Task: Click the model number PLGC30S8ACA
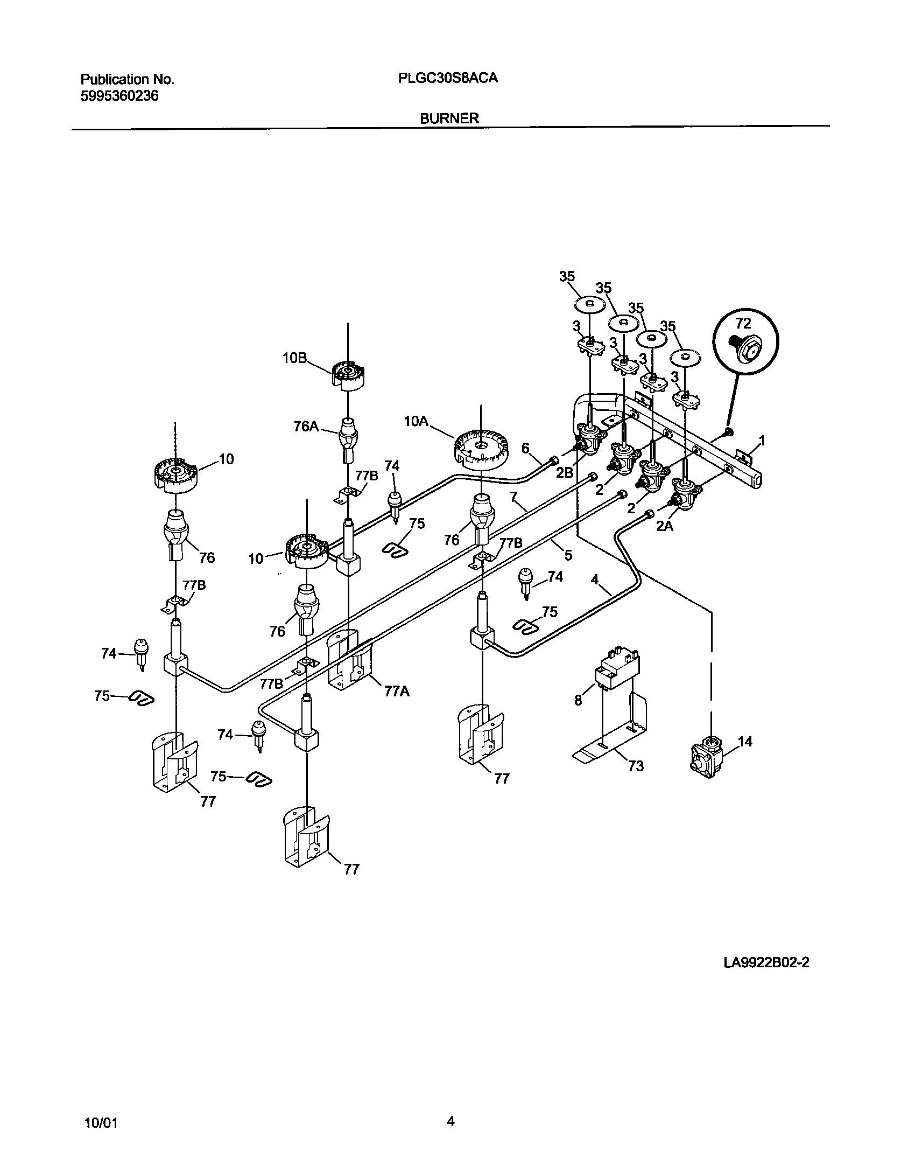(448, 78)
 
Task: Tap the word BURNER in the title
(449, 118)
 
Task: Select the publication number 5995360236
(119, 96)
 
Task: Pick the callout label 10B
(294, 359)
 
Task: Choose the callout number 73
(636, 765)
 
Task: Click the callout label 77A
(397, 691)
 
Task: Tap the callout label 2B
(565, 472)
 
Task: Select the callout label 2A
(664, 526)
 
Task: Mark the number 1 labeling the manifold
(762, 441)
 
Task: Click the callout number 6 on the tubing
(526, 448)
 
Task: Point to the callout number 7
(513, 495)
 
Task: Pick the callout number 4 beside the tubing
(594, 579)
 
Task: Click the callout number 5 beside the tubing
(568, 555)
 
